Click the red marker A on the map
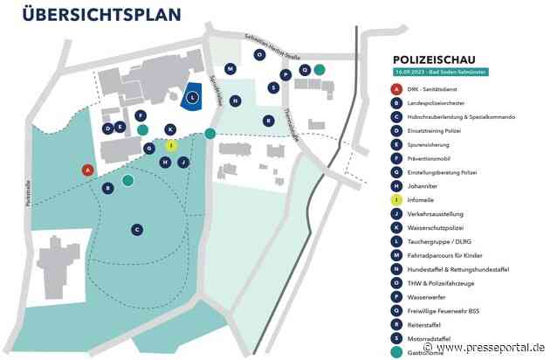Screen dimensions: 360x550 point(86,170)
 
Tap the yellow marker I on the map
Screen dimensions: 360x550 point(171,146)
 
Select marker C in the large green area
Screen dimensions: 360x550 point(137,229)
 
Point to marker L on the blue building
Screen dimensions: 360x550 point(193,97)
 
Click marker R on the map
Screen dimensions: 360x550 point(268,121)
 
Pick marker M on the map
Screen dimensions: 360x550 point(230,68)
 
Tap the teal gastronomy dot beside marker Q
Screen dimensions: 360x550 point(320,69)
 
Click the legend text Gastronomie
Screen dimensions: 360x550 point(425,352)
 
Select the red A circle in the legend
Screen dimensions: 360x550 point(396,89)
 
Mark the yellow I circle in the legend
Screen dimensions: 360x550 point(396,200)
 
